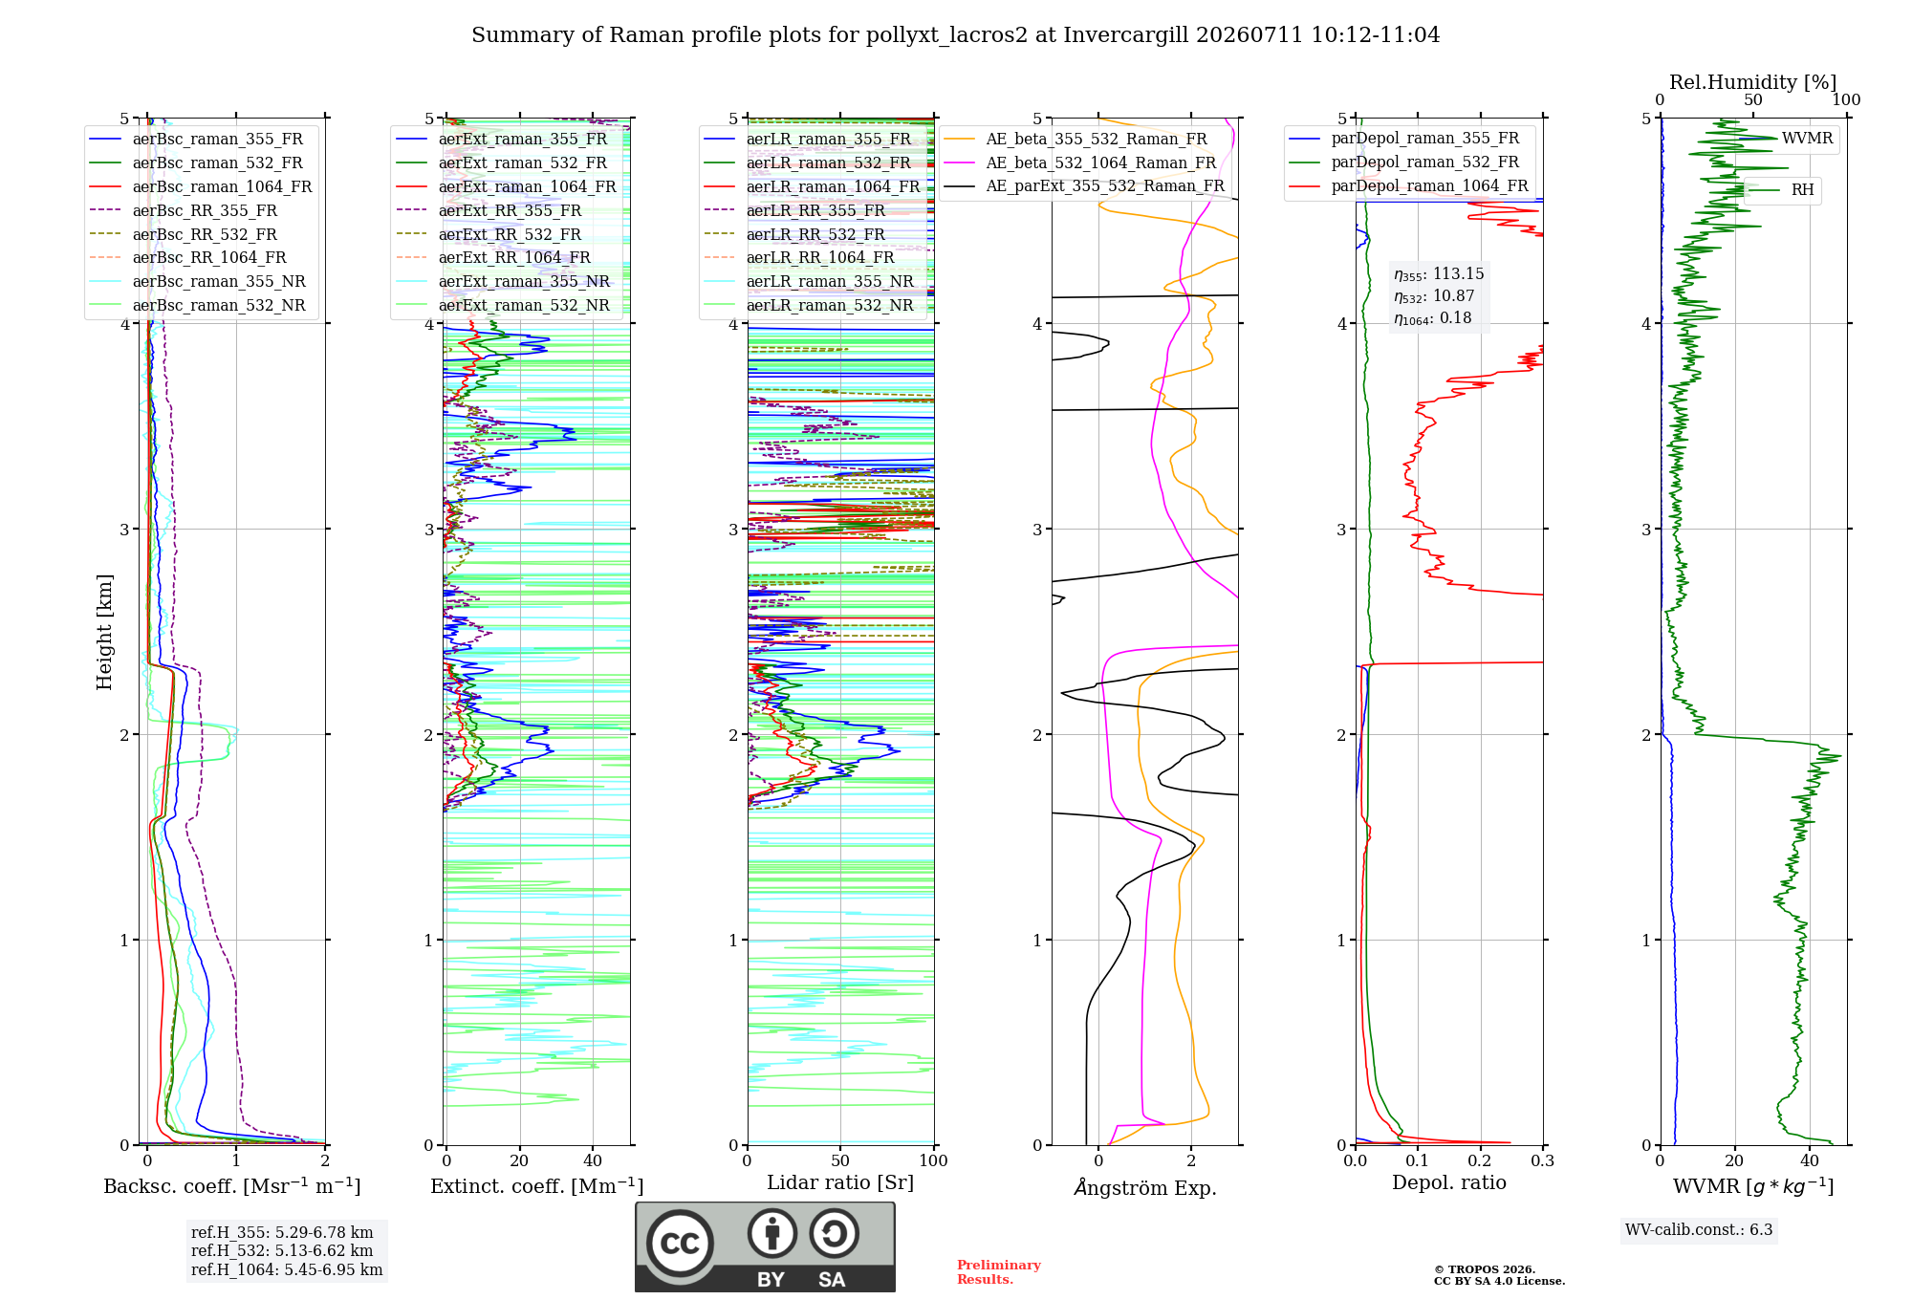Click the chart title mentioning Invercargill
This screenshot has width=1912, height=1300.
coord(955,35)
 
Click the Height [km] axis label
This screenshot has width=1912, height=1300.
coord(104,632)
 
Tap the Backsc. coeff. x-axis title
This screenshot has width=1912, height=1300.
coord(232,1186)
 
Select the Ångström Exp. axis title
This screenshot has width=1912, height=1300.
coord(1145,1187)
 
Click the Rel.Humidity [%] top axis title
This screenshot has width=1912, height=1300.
coord(1753,82)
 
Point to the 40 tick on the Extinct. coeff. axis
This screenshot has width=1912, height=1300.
coord(593,1160)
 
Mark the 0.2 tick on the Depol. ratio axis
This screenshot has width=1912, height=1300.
coord(1480,1160)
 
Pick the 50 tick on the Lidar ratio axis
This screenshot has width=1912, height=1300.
coord(840,1160)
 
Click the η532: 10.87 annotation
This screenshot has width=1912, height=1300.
coord(1434,296)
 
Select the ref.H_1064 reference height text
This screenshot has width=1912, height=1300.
coord(287,1269)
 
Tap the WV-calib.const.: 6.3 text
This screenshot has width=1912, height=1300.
coord(1699,1229)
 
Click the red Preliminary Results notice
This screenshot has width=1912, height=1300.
coord(999,1272)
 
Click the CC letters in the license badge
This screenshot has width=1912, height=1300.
coord(680,1243)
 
